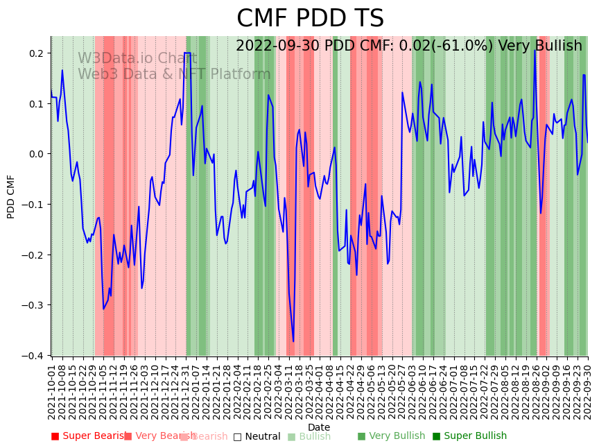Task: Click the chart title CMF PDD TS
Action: point(310,19)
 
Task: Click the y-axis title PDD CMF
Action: point(11,196)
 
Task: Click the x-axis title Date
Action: point(319,428)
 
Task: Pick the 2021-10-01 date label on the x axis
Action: point(51,393)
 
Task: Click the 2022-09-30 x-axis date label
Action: point(589,393)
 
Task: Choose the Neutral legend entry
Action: point(257,436)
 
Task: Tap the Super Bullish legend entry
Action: point(469,436)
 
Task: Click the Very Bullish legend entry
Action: point(391,436)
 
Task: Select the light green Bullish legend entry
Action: point(309,436)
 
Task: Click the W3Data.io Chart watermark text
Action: point(137,59)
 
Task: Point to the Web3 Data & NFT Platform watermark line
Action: point(174,74)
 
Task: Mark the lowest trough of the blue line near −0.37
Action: point(293,341)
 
